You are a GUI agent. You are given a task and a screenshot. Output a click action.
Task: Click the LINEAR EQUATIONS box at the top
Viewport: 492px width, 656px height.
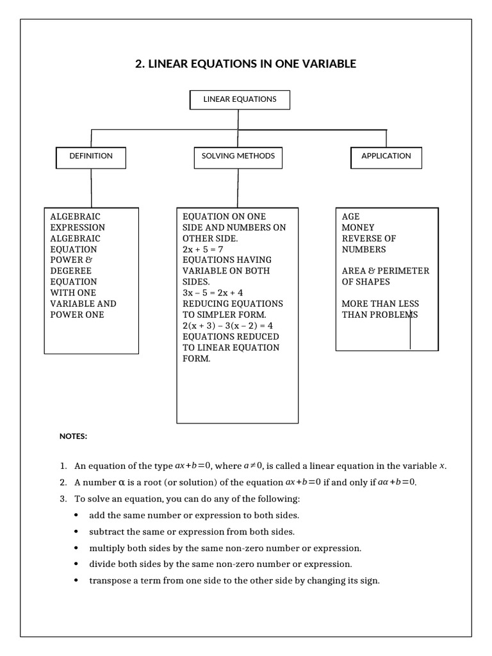coord(240,100)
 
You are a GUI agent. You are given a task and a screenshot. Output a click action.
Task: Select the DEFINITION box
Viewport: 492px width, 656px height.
coord(91,157)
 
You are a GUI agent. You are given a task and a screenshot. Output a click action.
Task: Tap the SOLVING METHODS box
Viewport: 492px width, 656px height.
coord(238,157)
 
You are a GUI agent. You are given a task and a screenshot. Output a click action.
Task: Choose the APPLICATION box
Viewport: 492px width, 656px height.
coord(386,157)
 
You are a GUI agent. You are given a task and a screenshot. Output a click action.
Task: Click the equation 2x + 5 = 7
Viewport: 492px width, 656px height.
coord(202,249)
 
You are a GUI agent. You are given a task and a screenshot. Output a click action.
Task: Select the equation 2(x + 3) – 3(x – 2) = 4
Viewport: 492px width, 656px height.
coord(228,325)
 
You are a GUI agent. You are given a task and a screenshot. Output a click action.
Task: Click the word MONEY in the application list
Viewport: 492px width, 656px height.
coord(358,227)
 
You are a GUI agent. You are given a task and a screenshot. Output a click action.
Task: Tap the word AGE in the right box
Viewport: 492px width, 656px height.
coord(351,217)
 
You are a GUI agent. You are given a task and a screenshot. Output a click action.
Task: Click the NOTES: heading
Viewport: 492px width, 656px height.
coord(73,436)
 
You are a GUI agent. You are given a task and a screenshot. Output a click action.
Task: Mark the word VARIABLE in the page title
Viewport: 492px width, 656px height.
coord(327,64)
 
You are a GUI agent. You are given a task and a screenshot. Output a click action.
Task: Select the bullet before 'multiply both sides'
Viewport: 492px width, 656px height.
coord(77,548)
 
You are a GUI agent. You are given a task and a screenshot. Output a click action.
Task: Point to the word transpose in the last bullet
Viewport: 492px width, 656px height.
coord(109,582)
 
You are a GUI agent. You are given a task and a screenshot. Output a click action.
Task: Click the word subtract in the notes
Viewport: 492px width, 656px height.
coord(107,532)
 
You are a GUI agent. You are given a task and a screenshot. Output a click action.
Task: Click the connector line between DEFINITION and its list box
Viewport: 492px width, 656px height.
coord(92,188)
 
